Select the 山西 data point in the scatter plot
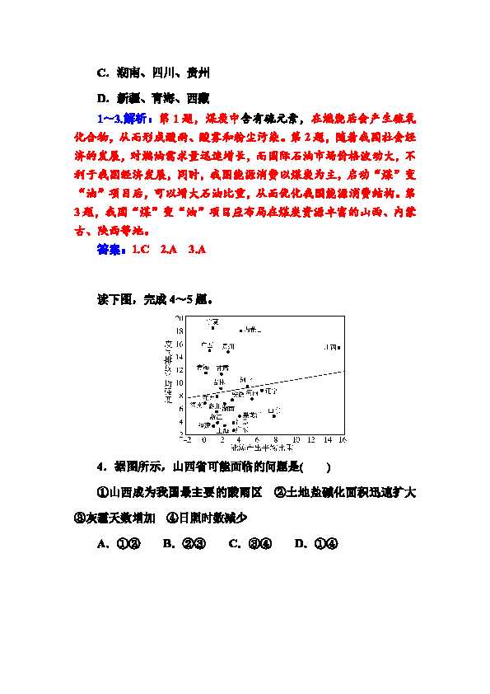point(339,348)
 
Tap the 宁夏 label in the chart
point(212,321)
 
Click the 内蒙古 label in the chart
point(251,330)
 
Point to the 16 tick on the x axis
point(343,439)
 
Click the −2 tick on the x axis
point(189,439)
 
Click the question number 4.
point(100,467)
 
